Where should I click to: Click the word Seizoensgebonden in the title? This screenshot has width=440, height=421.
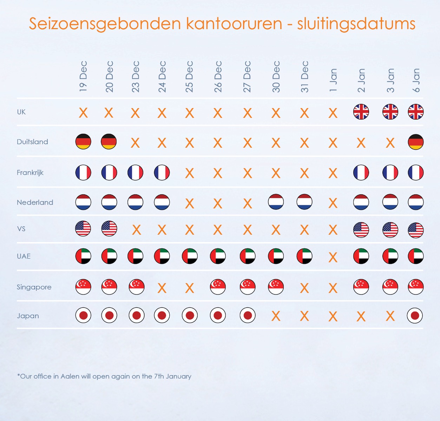click(x=105, y=24)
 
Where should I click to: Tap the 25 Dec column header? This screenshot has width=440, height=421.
click(x=190, y=76)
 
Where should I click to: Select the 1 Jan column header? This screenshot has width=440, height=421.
click(x=333, y=80)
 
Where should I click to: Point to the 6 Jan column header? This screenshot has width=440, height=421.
click(x=416, y=80)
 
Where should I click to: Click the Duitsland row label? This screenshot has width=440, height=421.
click(x=32, y=142)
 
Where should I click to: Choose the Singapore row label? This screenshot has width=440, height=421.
click(x=34, y=287)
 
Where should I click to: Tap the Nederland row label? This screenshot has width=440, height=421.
click(x=35, y=202)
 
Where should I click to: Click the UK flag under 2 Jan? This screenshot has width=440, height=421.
click(x=361, y=112)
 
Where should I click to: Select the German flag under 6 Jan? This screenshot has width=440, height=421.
click(x=416, y=142)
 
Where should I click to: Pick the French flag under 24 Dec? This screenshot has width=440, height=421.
click(x=162, y=173)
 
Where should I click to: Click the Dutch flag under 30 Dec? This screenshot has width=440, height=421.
click(x=276, y=202)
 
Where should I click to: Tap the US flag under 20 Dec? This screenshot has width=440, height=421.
click(x=109, y=229)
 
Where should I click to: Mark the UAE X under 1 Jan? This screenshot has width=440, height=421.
click(x=333, y=258)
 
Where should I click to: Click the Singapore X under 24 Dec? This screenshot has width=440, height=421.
click(x=162, y=288)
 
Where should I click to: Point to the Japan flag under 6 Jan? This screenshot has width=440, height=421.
click(x=415, y=316)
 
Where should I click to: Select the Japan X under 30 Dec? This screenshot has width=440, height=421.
click(x=276, y=316)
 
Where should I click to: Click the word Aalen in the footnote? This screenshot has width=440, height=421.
click(x=70, y=376)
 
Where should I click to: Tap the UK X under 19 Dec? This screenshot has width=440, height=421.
click(x=83, y=113)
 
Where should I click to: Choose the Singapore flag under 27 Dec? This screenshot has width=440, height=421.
click(x=248, y=287)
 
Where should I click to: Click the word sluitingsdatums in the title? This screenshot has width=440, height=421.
click(x=356, y=24)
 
